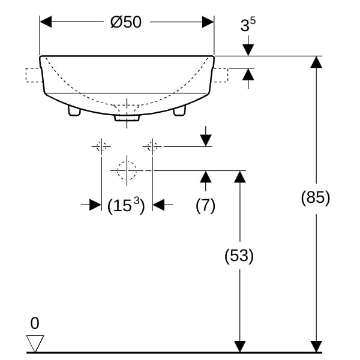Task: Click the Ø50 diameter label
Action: coord(126,22)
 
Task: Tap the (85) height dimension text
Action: coord(316,197)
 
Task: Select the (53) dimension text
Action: coord(239,256)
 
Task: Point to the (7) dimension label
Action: coord(205,205)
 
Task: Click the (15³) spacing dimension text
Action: coord(126,205)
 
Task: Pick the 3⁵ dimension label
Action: coord(248,24)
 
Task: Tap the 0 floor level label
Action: coord(35,323)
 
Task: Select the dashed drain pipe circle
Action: coord(127,170)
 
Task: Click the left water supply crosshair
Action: coord(101,146)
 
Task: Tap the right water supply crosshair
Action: coord(152,146)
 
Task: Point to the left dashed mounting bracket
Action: coord(34,75)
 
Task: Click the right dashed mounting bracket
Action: coord(220,75)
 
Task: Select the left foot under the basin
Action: coord(74,110)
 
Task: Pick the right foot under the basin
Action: coord(179,110)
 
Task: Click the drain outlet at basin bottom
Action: coord(127,118)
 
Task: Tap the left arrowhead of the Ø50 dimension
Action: coord(46,22)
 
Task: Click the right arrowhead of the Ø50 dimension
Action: coord(208,22)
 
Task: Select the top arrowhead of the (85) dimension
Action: coord(316,62)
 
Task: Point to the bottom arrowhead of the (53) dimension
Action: coord(240,346)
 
